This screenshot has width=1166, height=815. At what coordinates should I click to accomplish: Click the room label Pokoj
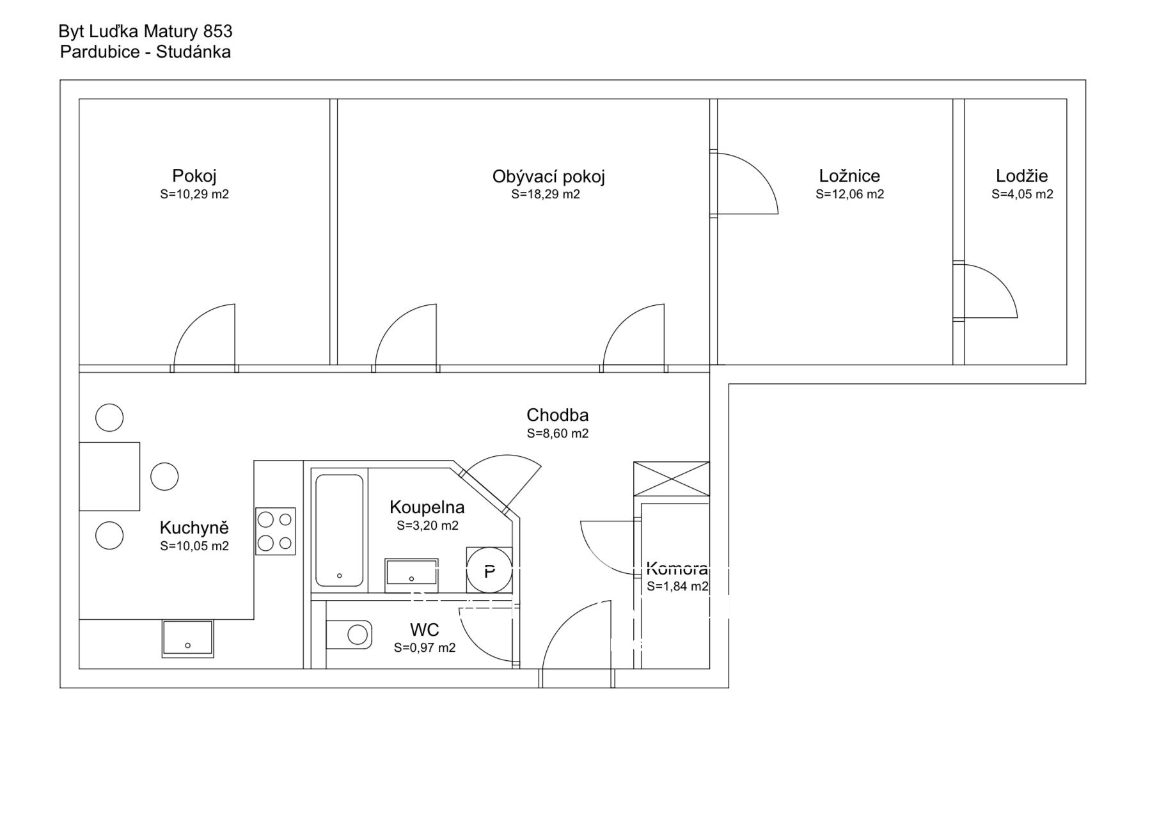194,176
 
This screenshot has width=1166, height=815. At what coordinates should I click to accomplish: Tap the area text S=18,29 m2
546,194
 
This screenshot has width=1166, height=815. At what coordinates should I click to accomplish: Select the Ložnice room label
849,176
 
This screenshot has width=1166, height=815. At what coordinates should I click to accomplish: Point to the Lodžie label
1022,176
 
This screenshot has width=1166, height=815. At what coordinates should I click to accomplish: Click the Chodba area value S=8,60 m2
558,433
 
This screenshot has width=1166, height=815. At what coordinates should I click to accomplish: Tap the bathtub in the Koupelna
339,530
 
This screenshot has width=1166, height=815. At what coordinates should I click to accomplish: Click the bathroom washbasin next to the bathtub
411,571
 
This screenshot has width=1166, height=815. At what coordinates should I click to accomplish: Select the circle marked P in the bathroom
489,571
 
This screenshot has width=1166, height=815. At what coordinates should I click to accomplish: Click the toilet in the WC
349,635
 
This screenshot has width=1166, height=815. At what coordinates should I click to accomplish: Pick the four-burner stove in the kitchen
276,531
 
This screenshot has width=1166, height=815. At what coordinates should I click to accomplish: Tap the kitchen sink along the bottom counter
188,638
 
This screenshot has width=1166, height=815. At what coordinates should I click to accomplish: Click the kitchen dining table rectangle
109,477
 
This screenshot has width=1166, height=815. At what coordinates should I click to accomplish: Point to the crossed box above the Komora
672,479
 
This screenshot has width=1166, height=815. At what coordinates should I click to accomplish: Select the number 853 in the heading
217,31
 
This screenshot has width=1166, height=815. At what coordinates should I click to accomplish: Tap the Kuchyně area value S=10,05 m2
194,546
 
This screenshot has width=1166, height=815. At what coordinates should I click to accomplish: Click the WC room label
425,630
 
